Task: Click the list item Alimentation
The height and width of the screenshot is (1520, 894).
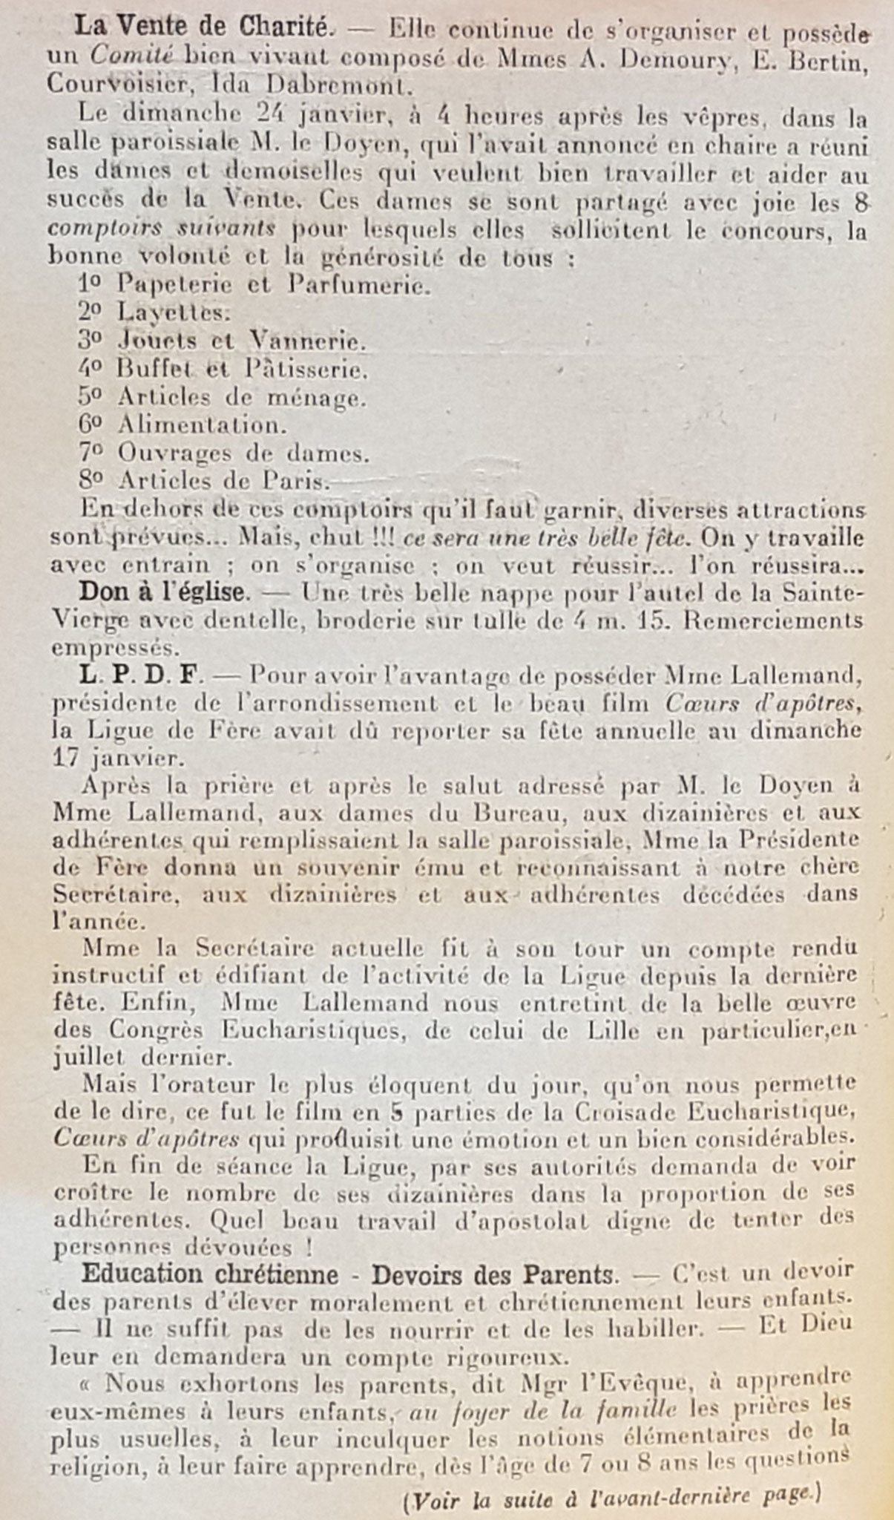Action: (x=202, y=425)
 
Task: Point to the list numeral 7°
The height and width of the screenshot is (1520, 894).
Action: (x=91, y=452)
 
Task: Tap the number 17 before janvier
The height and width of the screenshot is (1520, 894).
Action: (x=66, y=759)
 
